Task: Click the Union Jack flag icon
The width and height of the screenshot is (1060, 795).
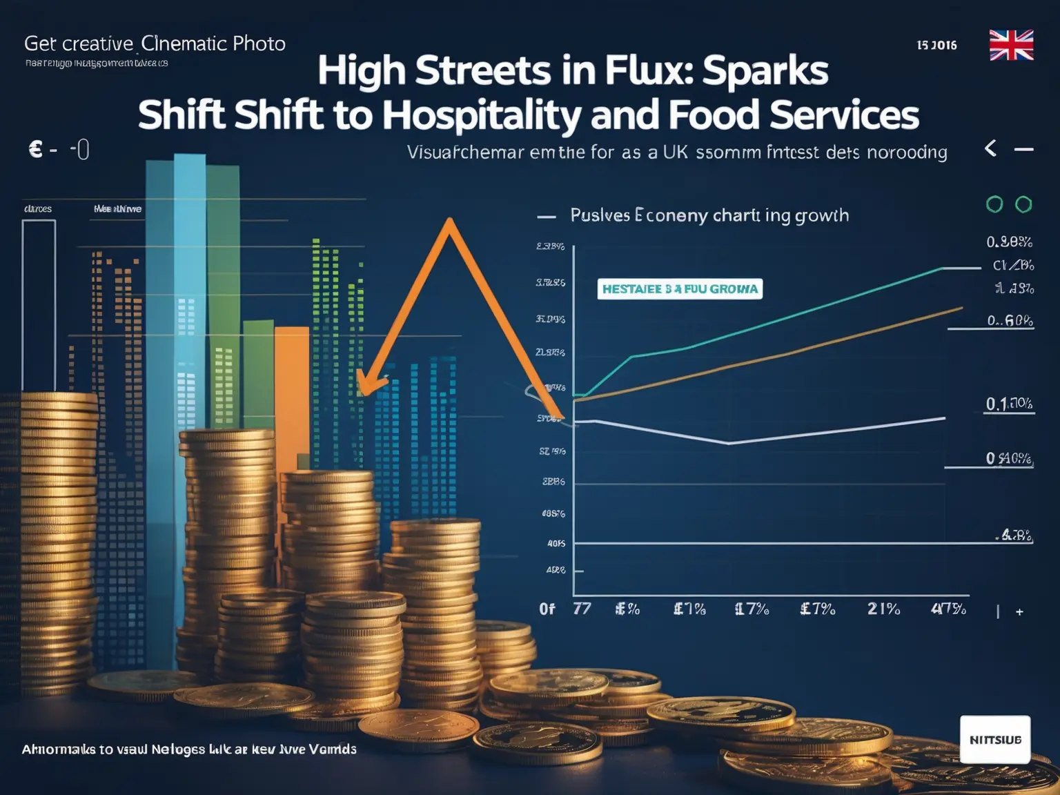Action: pyautogui.click(x=1011, y=45)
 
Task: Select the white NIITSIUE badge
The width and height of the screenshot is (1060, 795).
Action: pyautogui.click(x=994, y=739)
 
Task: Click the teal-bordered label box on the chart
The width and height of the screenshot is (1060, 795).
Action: pyautogui.click(x=680, y=288)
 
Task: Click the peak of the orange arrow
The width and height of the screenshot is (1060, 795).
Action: pyautogui.click(x=449, y=222)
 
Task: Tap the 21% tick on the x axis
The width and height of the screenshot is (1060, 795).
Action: pyautogui.click(x=883, y=609)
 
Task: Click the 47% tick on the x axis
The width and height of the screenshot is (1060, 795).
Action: pyautogui.click(x=948, y=609)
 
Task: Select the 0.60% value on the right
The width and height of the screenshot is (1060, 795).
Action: pyautogui.click(x=1010, y=320)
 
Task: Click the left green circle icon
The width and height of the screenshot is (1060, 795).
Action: pyautogui.click(x=994, y=204)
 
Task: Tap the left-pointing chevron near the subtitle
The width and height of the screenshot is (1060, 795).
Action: pyautogui.click(x=990, y=148)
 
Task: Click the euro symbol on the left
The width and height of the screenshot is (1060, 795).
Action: pyautogui.click(x=36, y=148)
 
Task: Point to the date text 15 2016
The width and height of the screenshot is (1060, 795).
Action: pyautogui.click(x=936, y=46)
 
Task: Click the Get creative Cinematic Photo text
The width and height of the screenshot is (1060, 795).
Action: pyautogui.click(x=155, y=43)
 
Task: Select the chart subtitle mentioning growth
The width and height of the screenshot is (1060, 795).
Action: pyautogui.click(x=709, y=215)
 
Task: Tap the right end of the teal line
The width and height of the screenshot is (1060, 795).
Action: pyautogui.click(x=943, y=268)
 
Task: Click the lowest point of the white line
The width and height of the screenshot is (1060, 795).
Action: pyautogui.click(x=729, y=443)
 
